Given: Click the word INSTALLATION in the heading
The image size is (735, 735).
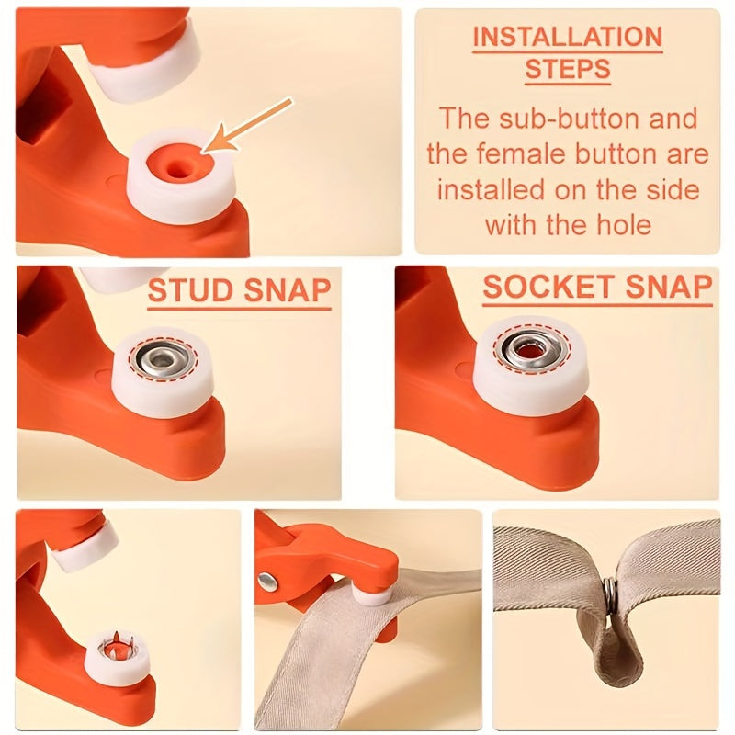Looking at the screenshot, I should [x=566, y=37].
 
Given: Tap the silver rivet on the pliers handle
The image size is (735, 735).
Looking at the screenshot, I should [x=267, y=580].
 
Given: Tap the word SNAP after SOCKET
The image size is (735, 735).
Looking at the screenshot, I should [x=665, y=287].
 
